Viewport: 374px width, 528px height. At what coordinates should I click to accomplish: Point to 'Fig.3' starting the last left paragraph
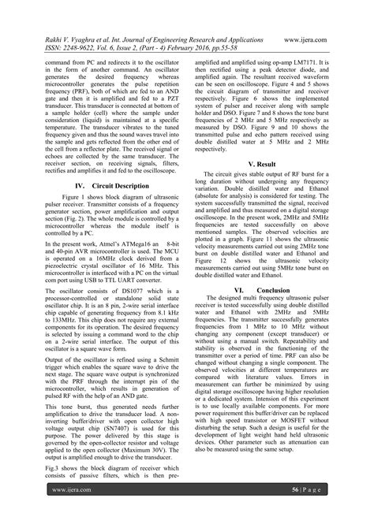pos(50,470)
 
